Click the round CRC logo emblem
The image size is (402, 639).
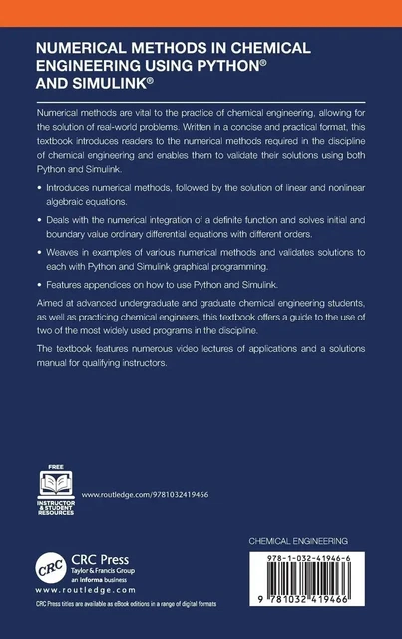(51, 565)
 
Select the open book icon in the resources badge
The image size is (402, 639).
(56, 483)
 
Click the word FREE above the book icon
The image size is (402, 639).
(56, 466)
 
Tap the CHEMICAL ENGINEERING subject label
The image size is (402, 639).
(306, 539)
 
